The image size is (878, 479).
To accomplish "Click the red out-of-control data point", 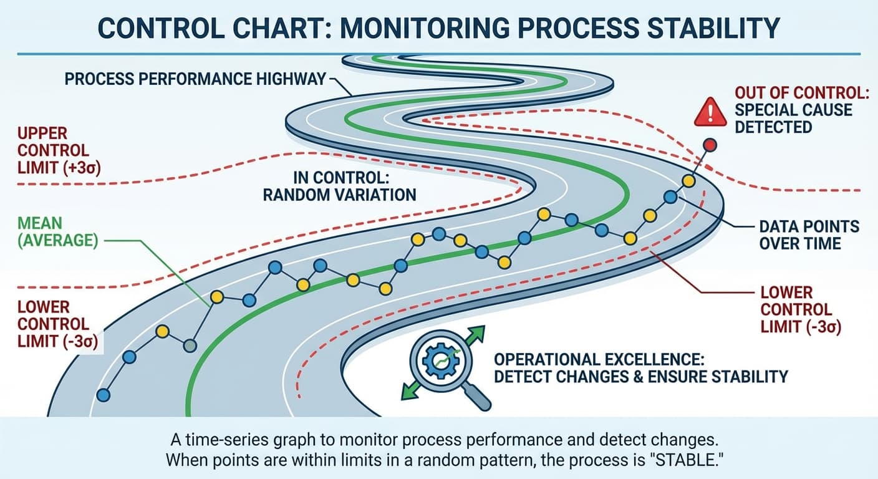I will (x=710, y=145).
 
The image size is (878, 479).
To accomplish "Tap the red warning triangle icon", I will (x=710, y=113).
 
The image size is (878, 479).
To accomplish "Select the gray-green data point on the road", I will (x=190, y=345).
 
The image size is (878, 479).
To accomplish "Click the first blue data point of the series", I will (x=104, y=394).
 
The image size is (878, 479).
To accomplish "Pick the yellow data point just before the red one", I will (x=688, y=181).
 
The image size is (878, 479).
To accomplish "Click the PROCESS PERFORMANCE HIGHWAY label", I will (x=195, y=79).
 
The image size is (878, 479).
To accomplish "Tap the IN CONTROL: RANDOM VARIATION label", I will (x=339, y=185).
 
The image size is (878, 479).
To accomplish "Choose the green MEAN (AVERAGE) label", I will (x=57, y=231).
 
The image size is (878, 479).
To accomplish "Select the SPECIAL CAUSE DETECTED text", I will (x=793, y=119).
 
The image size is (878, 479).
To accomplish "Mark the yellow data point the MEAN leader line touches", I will (x=217, y=297).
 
